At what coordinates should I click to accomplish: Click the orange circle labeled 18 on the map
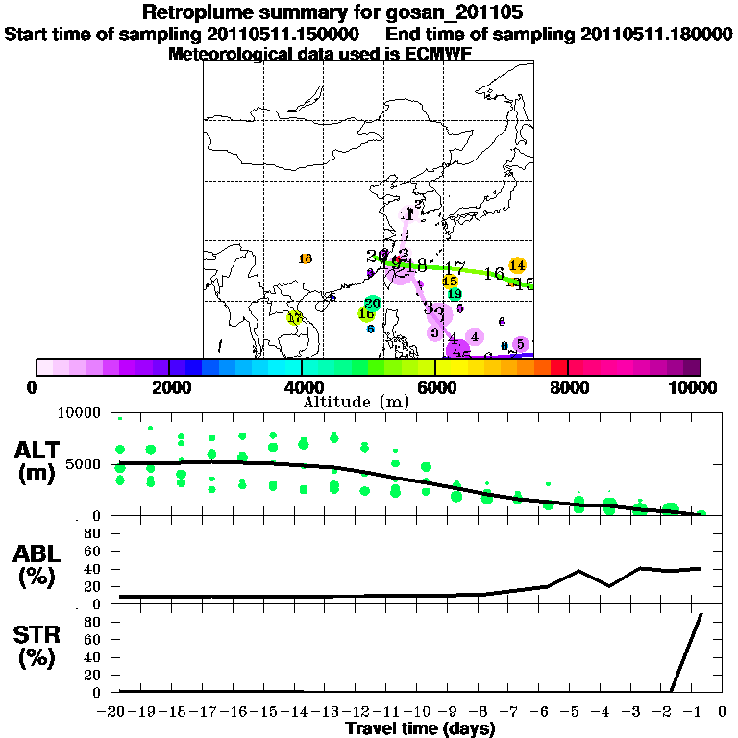click(306, 258)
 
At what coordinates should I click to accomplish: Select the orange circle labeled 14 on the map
click(517, 265)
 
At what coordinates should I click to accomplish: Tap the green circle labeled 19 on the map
click(455, 294)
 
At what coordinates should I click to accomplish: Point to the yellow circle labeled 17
click(295, 317)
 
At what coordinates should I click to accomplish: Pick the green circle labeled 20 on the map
click(373, 303)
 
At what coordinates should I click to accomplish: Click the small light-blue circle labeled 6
click(370, 329)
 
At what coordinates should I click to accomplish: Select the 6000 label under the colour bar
click(435, 387)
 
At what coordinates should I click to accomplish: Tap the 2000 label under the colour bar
click(169, 387)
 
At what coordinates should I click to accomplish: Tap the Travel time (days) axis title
click(420, 728)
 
